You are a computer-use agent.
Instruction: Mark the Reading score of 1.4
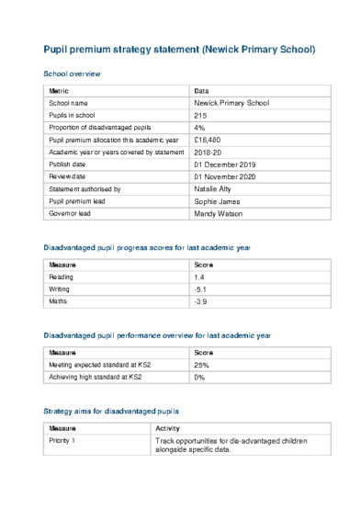click(200, 277)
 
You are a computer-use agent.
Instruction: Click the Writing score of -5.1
click(201, 289)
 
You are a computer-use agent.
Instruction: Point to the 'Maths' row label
click(59, 300)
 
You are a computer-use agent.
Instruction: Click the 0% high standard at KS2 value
click(200, 377)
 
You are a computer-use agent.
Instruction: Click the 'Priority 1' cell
click(62, 441)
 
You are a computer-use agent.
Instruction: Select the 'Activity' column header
click(168, 429)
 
